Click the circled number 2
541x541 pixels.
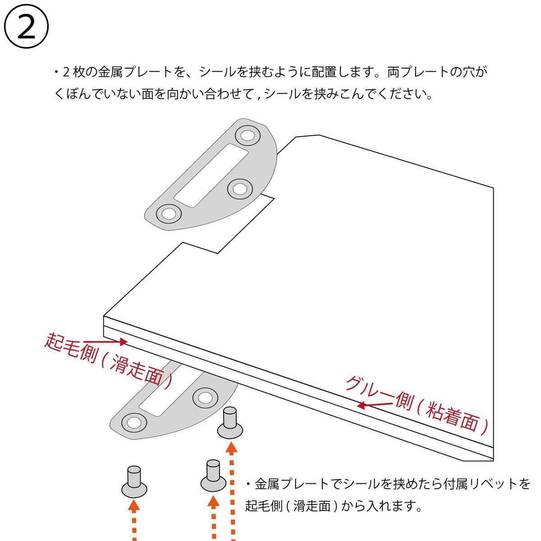tap(26, 27)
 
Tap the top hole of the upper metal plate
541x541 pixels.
tap(248, 136)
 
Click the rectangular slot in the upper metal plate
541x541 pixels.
tap(211, 175)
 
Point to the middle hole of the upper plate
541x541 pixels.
tap(239, 189)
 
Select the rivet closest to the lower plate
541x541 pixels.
tap(230, 423)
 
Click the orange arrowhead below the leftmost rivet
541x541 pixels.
tap(134, 504)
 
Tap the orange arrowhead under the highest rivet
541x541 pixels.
tap(232, 447)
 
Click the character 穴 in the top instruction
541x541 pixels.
tap(468, 72)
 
